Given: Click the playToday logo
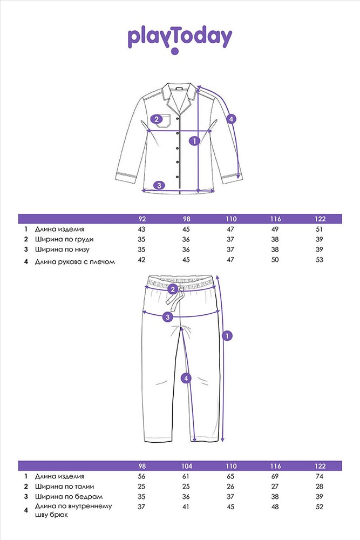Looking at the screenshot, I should coord(180,36).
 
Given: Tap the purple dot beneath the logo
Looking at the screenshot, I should coord(174,52).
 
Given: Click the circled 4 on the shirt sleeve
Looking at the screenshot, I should coord(231,119).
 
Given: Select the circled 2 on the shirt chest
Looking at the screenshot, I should coord(157,119).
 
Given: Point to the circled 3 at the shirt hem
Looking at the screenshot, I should coord(159,185).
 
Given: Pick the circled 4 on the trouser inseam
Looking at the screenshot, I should coord(186,379).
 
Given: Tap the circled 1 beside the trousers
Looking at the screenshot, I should coord(228,335).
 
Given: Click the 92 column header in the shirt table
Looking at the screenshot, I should coord(142,219).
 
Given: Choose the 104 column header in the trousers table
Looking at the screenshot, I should coord(187,465).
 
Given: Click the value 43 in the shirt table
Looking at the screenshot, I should coord(142,229).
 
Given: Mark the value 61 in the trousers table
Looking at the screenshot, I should coord(187,476).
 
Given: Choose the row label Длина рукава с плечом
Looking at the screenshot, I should coord(75,261).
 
